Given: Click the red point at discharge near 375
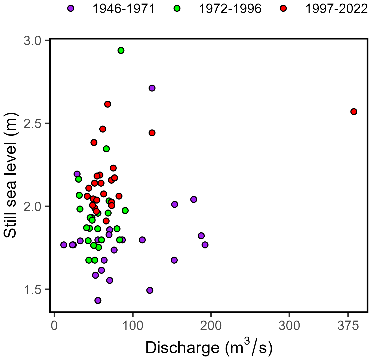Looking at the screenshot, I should tap(353, 112).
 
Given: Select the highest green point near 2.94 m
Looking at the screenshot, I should tap(121, 50).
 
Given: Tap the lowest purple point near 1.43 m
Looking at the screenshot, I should tap(98, 300).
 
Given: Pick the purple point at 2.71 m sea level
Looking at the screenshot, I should tap(152, 88).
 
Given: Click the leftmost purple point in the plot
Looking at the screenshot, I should tap(64, 245).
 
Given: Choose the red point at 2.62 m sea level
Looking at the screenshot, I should tap(107, 104).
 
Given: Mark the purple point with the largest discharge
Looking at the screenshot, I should tap(205, 245).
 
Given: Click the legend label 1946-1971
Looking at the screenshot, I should tap(124, 9).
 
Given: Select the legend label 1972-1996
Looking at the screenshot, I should tap(230, 9).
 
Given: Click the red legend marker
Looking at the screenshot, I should tap(283, 8).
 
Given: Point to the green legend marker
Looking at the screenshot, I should tap(177, 8).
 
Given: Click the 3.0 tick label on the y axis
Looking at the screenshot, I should tap(32, 41).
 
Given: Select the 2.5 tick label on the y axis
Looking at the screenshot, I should tap(32, 124).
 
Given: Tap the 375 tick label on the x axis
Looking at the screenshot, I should tap(348, 326).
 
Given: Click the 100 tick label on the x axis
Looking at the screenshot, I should tap(133, 326).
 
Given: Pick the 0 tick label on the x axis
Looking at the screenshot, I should tap(54, 326).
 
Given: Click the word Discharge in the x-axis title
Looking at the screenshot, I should tap(182, 348).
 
